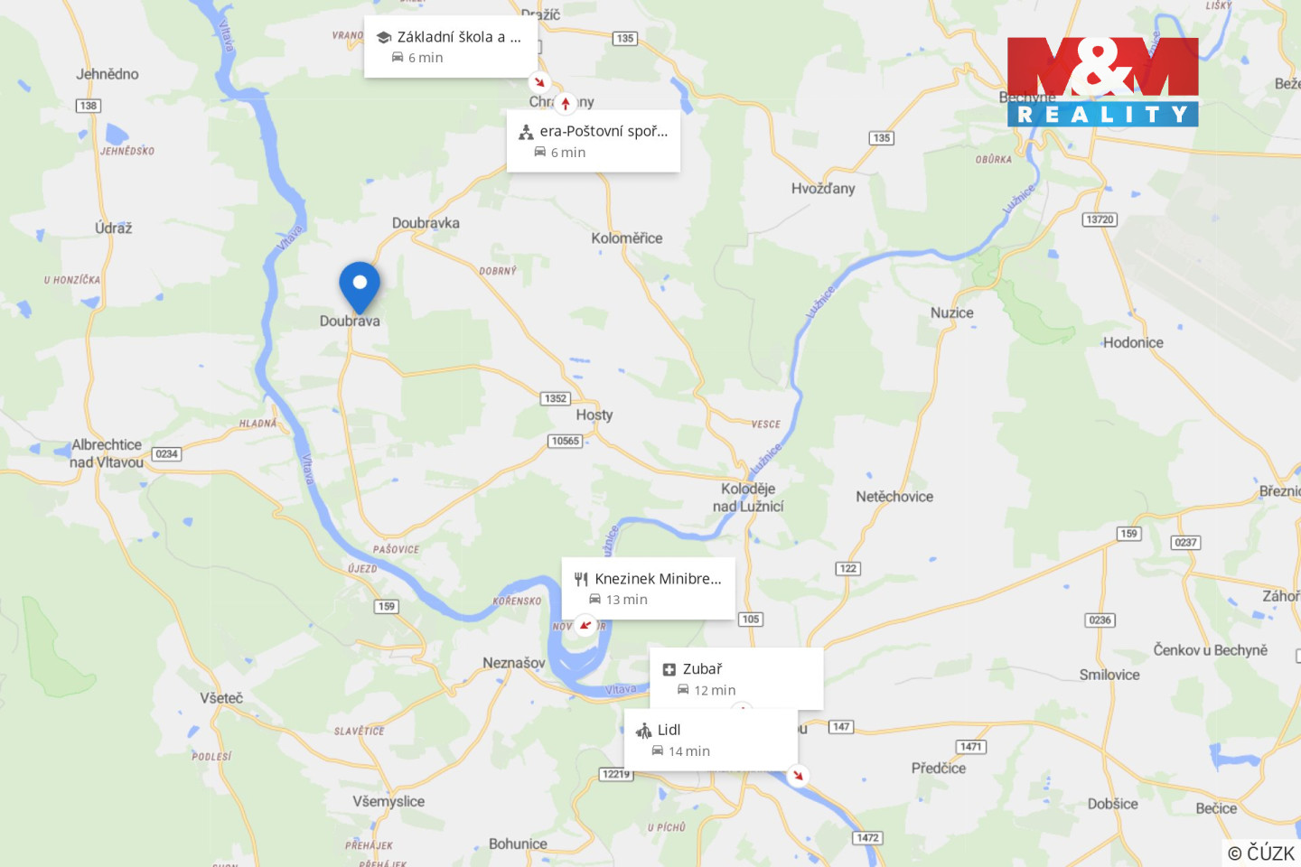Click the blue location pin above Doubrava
pyautogui.click(x=360, y=284)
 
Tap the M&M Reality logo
pyautogui.click(x=1102, y=81)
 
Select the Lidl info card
pyautogui.click(x=711, y=740)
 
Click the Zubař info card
pyautogui.click(x=736, y=678)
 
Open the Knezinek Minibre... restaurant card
pyautogui.click(x=648, y=588)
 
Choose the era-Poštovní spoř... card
pyautogui.click(x=593, y=141)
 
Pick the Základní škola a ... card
pyautogui.click(x=451, y=46)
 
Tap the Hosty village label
pyautogui.click(x=594, y=415)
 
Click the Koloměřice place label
pyautogui.click(x=627, y=238)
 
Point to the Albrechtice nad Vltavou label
pyautogui.click(x=107, y=453)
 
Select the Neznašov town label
pyautogui.click(x=513, y=663)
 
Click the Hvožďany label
pyautogui.click(x=822, y=189)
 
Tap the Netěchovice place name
pyautogui.click(x=894, y=497)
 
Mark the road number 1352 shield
pyautogui.click(x=556, y=398)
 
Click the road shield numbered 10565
pyautogui.click(x=565, y=441)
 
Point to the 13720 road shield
pyautogui.click(x=1100, y=219)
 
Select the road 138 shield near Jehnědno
pyautogui.click(x=89, y=106)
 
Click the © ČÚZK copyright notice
pyautogui.click(x=1261, y=853)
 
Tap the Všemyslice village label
pyautogui.click(x=388, y=801)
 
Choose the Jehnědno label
pyautogui.click(x=108, y=74)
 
